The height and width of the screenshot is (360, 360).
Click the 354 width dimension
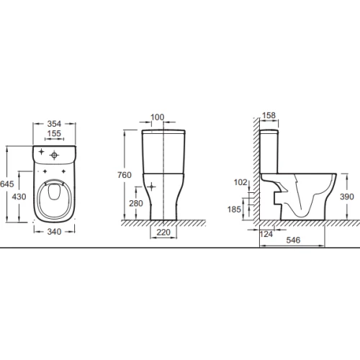coord(54,124)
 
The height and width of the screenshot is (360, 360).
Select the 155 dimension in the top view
coord(54,133)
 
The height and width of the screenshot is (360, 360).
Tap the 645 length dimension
coord(7,184)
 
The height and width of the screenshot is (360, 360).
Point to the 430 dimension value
coord(19,197)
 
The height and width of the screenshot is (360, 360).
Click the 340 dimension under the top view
coord(54,232)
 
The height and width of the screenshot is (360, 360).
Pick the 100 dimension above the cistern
coord(158,117)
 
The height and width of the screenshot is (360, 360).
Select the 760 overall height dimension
coord(125,175)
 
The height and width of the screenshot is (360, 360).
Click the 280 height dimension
coord(136,204)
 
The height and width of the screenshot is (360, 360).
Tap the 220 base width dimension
coord(163,233)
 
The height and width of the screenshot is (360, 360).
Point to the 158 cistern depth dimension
coord(269,115)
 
